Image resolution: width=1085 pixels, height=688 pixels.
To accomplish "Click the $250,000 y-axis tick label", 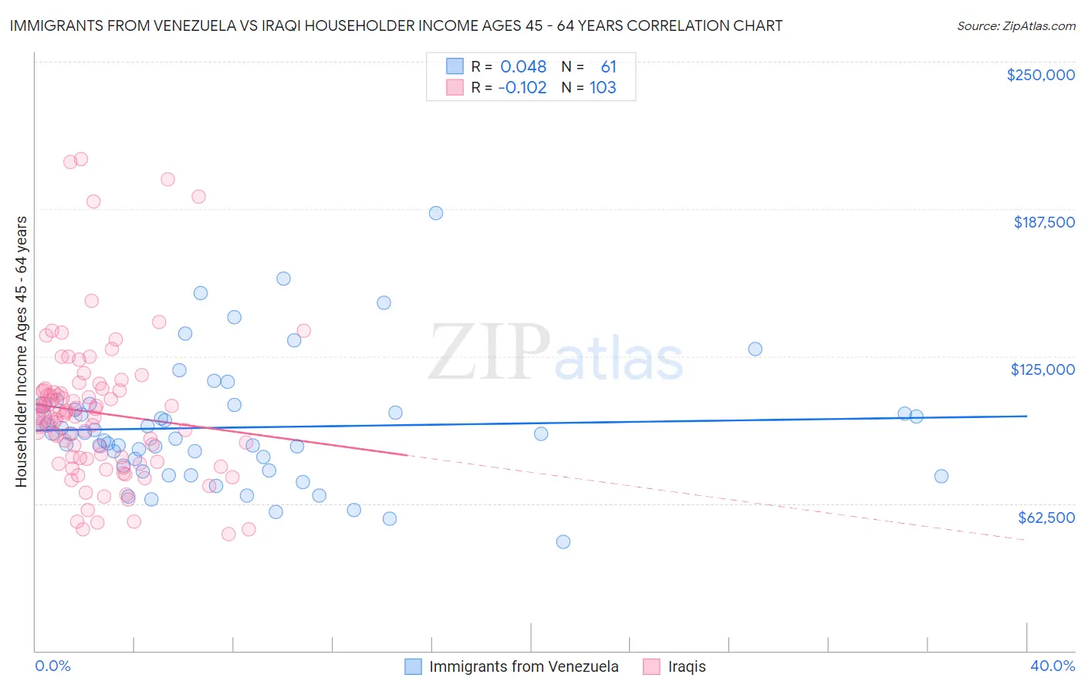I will click(1040, 75).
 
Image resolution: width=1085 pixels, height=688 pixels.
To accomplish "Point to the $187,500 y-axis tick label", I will click(1043, 222).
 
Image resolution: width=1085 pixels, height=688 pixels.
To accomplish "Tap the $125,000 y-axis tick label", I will click(1043, 369).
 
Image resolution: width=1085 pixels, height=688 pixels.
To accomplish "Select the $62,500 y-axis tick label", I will click(1046, 518).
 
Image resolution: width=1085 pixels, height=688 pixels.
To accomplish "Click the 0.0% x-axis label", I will click(52, 666).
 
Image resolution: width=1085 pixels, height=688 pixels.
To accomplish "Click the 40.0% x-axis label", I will click(1053, 666).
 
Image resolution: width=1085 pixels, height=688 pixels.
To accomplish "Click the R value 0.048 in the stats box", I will click(523, 66).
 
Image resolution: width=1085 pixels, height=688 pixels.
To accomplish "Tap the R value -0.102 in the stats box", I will click(522, 87).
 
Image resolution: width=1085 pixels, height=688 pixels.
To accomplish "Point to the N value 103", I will click(603, 87).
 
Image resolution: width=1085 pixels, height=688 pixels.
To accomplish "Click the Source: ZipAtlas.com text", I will click(1016, 25).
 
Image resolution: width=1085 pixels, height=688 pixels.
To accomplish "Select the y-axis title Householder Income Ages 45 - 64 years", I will click(21, 352).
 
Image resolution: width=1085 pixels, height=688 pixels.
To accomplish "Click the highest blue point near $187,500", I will click(436, 213).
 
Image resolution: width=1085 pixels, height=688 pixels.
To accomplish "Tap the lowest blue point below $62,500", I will click(563, 542).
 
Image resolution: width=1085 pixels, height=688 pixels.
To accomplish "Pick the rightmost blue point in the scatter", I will click(941, 476).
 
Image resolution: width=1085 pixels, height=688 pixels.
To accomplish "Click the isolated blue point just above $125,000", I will click(755, 349).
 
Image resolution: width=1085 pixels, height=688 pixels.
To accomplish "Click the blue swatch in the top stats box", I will click(455, 66).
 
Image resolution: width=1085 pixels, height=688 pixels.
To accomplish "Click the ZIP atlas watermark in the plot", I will click(556, 353).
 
